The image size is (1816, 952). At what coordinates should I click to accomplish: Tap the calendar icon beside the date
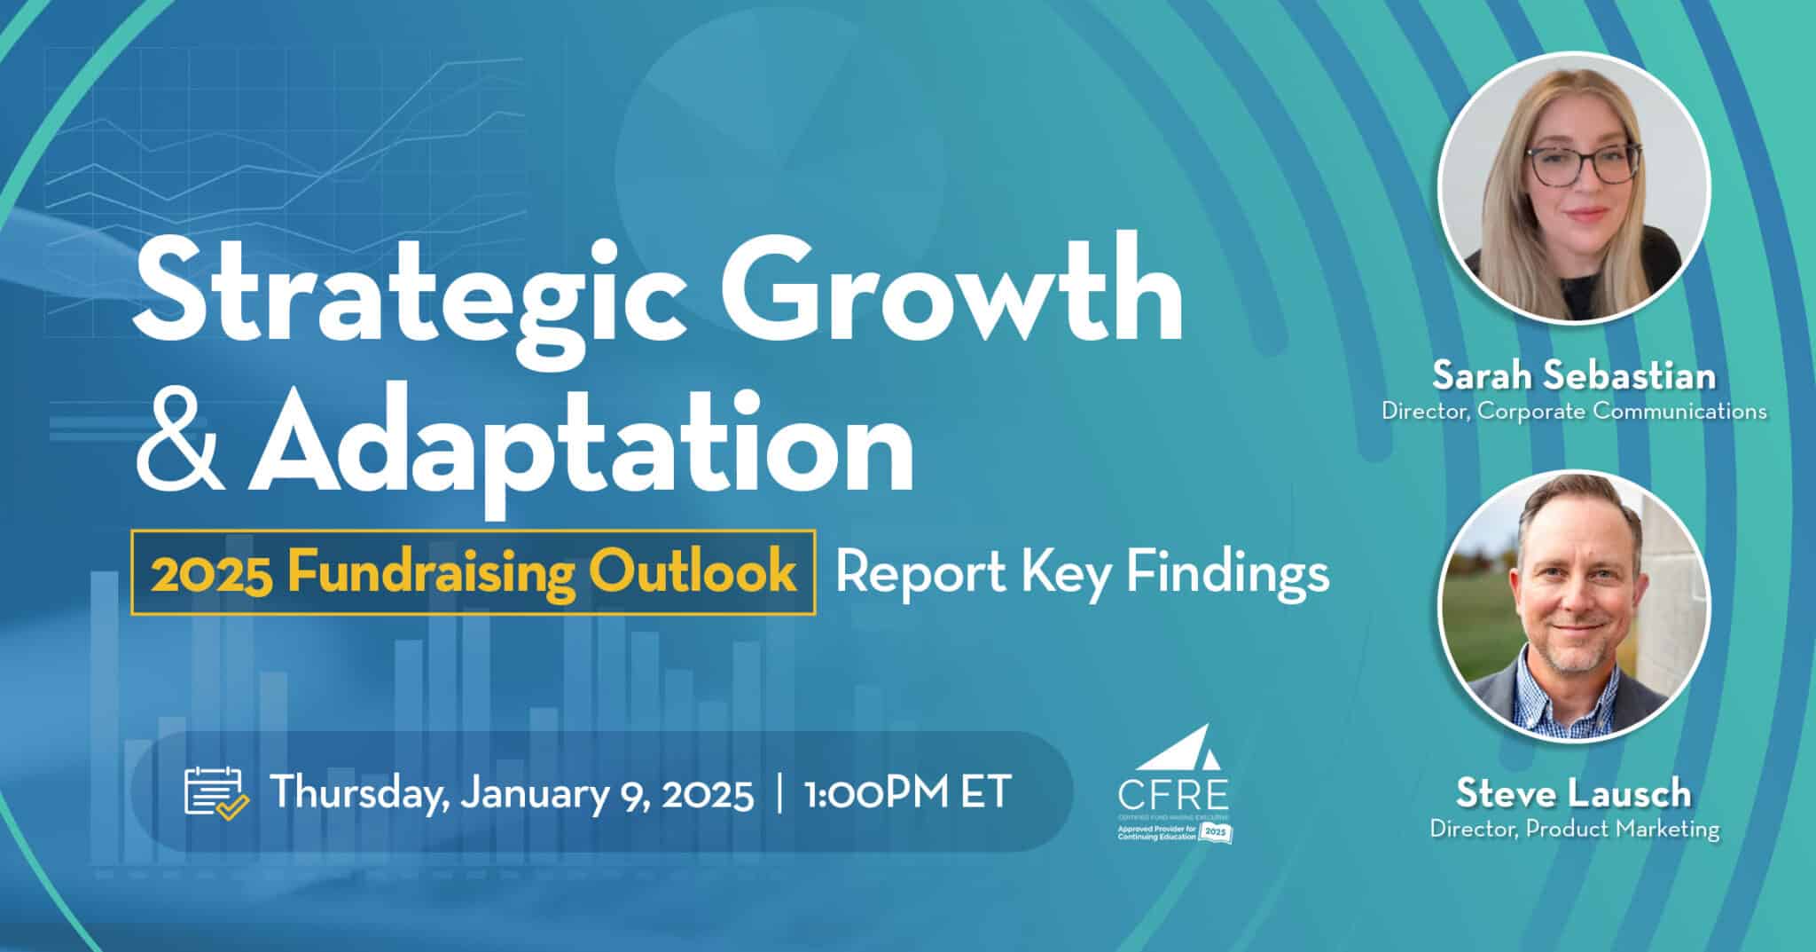coord(215,791)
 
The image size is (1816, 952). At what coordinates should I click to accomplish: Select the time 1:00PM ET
coord(906,791)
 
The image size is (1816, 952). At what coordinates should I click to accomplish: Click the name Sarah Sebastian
coord(1574,376)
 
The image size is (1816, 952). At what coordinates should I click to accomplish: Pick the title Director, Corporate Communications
coord(1574,411)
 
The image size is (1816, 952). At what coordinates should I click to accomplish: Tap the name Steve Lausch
coord(1574,792)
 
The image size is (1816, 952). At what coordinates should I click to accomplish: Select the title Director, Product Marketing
coord(1574,830)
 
